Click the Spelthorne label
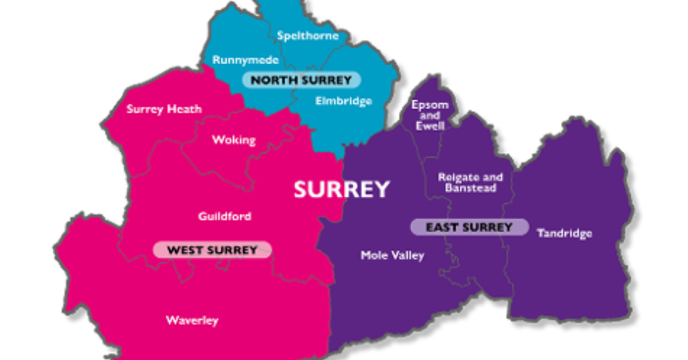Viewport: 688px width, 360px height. tap(307, 36)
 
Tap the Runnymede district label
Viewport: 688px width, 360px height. tap(245, 60)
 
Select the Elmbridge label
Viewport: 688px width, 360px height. tap(343, 101)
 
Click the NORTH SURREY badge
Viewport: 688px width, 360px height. tap(301, 80)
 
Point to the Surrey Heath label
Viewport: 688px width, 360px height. tap(164, 109)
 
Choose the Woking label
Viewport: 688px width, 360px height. tap(234, 140)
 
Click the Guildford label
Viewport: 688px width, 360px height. tap(225, 217)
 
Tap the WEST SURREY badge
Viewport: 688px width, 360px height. tap(212, 249)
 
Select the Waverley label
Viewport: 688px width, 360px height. tap(192, 320)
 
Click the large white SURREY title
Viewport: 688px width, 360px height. tap(342, 189)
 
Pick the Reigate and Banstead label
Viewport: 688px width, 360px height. tap(470, 182)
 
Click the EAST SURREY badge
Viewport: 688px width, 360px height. tap(469, 227)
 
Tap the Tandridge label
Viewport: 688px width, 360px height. tap(564, 233)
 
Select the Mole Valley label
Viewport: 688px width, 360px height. tap(392, 256)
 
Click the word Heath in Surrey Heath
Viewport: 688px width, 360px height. tap(184, 109)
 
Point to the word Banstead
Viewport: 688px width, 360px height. tap(470, 188)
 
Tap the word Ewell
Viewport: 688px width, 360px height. tap(429, 126)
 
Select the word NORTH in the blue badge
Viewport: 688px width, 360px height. tap(272, 80)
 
